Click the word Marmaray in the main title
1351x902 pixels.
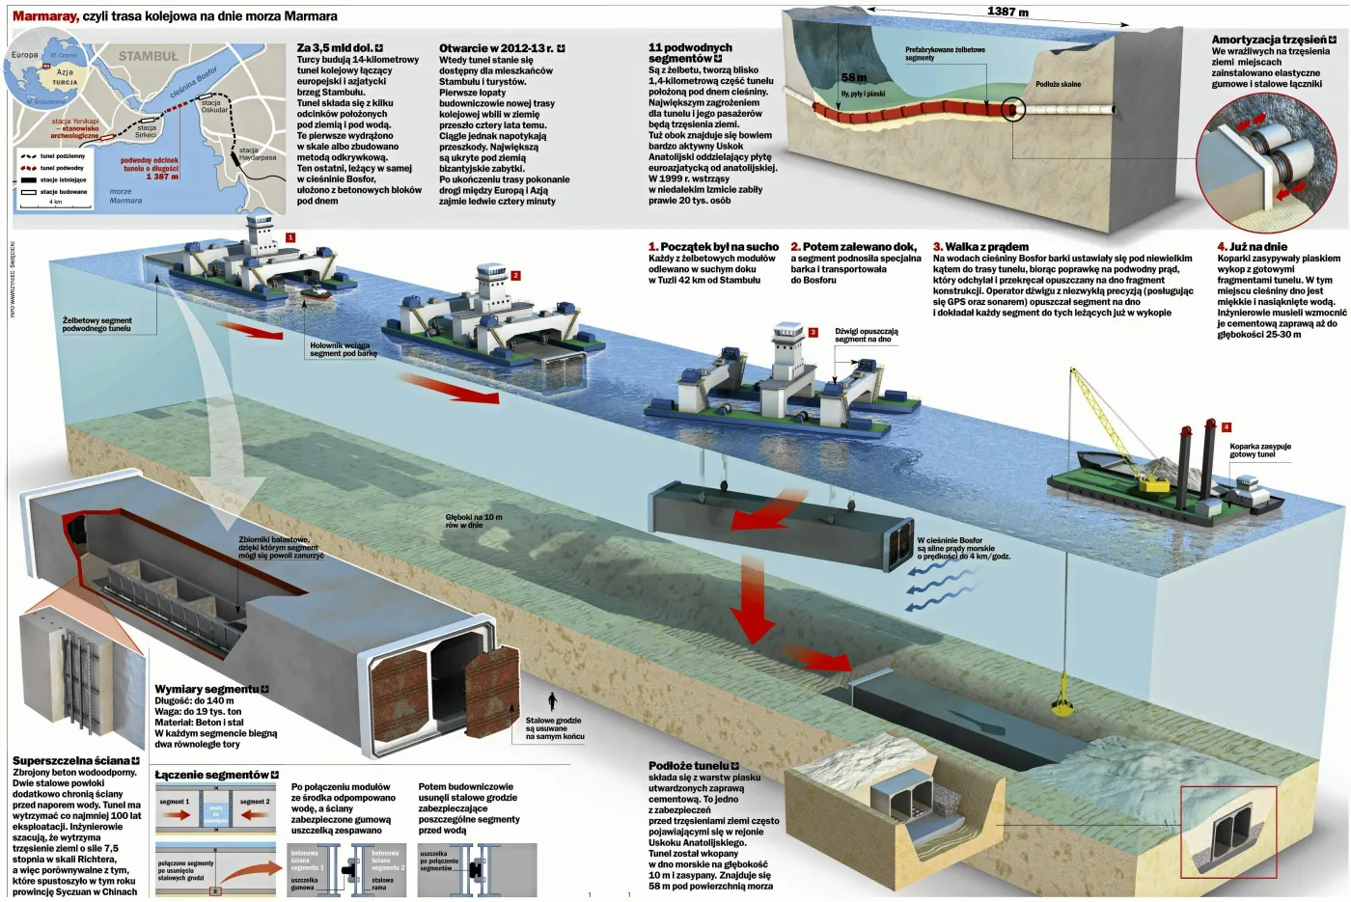coord(44,16)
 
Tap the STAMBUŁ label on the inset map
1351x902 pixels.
coord(148,57)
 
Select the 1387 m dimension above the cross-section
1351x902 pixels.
coord(1007,12)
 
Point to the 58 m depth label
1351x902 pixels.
coord(853,77)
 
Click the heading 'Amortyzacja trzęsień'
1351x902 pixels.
coord(1269,40)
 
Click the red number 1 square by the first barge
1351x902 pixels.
coord(290,237)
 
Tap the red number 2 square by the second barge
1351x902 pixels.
coord(515,276)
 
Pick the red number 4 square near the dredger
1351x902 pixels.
coord(1226,426)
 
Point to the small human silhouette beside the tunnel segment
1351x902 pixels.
coord(552,700)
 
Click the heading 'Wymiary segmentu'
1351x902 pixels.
coord(207,689)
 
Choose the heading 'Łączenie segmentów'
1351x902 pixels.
coord(211,775)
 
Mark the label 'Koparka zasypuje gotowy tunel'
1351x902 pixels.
coord(1259,451)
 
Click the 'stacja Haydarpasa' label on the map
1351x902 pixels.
coord(257,153)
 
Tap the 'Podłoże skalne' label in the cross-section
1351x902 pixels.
coord(1058,84)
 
